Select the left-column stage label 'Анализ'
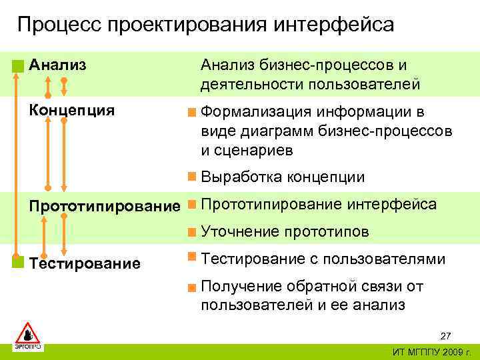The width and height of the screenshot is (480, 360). tap(57, 65)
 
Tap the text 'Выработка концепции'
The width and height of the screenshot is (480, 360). tap(283, 177)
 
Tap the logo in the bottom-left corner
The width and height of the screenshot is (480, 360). tap(28, 336)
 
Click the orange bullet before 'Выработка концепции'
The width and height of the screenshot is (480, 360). tap(191, 177)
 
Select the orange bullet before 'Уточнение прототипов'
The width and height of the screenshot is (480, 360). tap(191, 232)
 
